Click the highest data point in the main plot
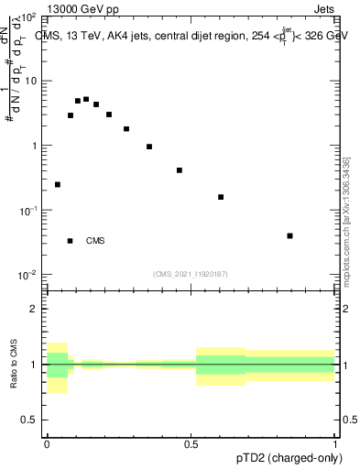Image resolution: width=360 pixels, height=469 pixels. coord(86,99)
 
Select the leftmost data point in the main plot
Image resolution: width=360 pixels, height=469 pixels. coord(58,184)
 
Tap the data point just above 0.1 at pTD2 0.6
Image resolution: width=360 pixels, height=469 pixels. coord(221,197)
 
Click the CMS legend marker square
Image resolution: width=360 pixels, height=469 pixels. coord(70,241)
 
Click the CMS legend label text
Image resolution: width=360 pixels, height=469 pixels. coord(95,241)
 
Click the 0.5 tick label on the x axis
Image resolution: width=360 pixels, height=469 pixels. coord(191,444)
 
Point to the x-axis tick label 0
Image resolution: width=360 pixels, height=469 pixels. coord(47,444)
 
